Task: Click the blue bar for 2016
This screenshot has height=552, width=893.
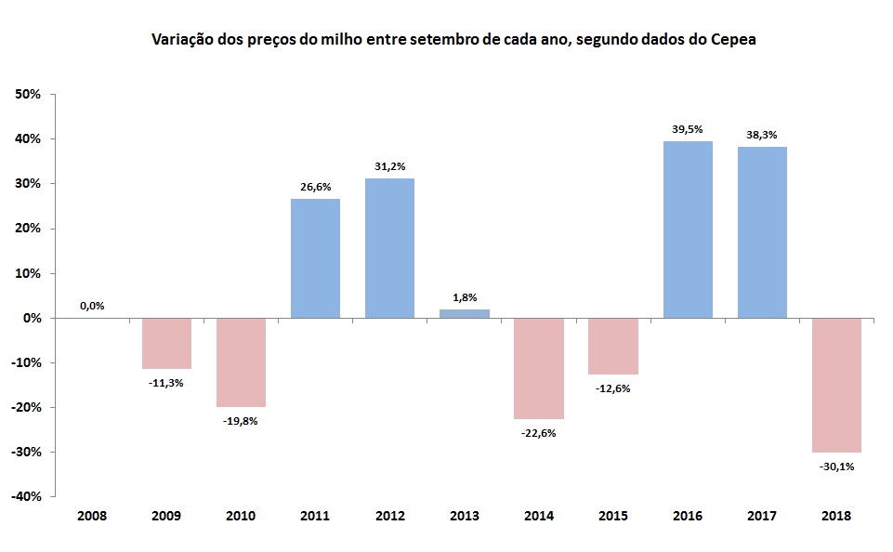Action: [688, 230]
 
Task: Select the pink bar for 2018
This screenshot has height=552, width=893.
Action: [836, 385]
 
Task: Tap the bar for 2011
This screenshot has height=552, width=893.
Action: [315, 258]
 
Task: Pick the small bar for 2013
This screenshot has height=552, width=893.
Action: [465, 314]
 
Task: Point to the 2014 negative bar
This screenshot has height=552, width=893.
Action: [539, 368]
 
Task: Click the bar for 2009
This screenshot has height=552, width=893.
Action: [166, 343]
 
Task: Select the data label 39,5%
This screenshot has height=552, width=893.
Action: [688, 129]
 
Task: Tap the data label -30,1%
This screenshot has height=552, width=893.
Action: [836, 467]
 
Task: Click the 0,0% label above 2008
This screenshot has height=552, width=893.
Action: [92, 305]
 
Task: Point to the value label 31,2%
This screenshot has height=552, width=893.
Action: [390, 166]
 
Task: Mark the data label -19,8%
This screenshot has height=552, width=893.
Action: [241, 420]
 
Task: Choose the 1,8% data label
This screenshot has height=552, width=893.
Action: [465, 297]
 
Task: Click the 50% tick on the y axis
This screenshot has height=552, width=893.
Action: [28, 95]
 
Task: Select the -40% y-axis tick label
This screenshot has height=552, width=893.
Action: [26, 496]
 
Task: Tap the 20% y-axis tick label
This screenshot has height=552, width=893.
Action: [28, 229]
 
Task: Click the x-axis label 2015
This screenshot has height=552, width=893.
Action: [613, 515]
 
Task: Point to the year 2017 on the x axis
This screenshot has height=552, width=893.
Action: [762, 515]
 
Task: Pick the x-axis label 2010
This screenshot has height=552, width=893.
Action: [241, 515]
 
